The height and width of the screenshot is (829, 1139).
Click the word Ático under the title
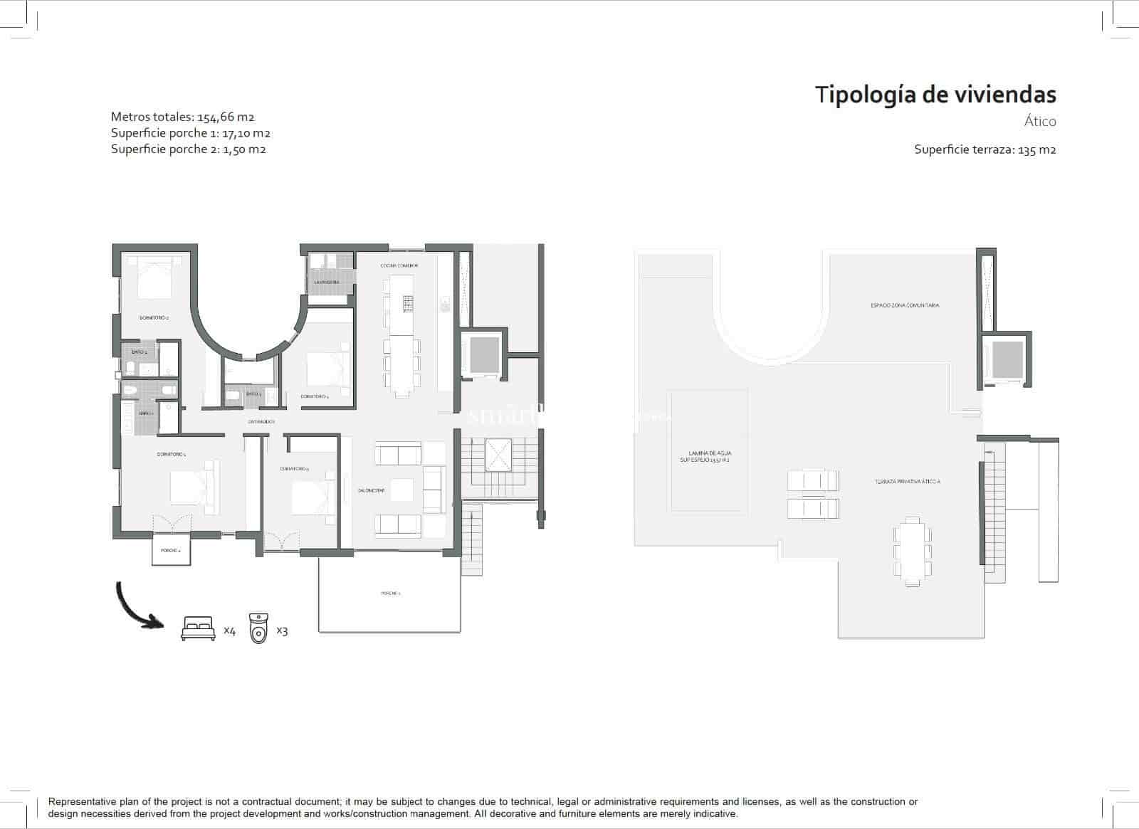[x=1039, y=122]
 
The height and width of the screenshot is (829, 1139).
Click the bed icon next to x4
[x=199, y=629]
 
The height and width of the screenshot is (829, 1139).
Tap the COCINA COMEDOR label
[x=399, y=265]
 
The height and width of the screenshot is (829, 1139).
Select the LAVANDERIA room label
[x=327, y=283]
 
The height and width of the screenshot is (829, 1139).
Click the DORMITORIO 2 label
[x=154, y=318]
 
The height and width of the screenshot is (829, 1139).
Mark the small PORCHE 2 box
[x=171, y=551]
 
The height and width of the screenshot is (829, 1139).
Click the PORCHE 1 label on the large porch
[x=390, y=593]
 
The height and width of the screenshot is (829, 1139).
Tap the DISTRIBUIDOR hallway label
[x=261, y=422]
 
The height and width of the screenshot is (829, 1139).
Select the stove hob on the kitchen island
[x=408, y=304]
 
